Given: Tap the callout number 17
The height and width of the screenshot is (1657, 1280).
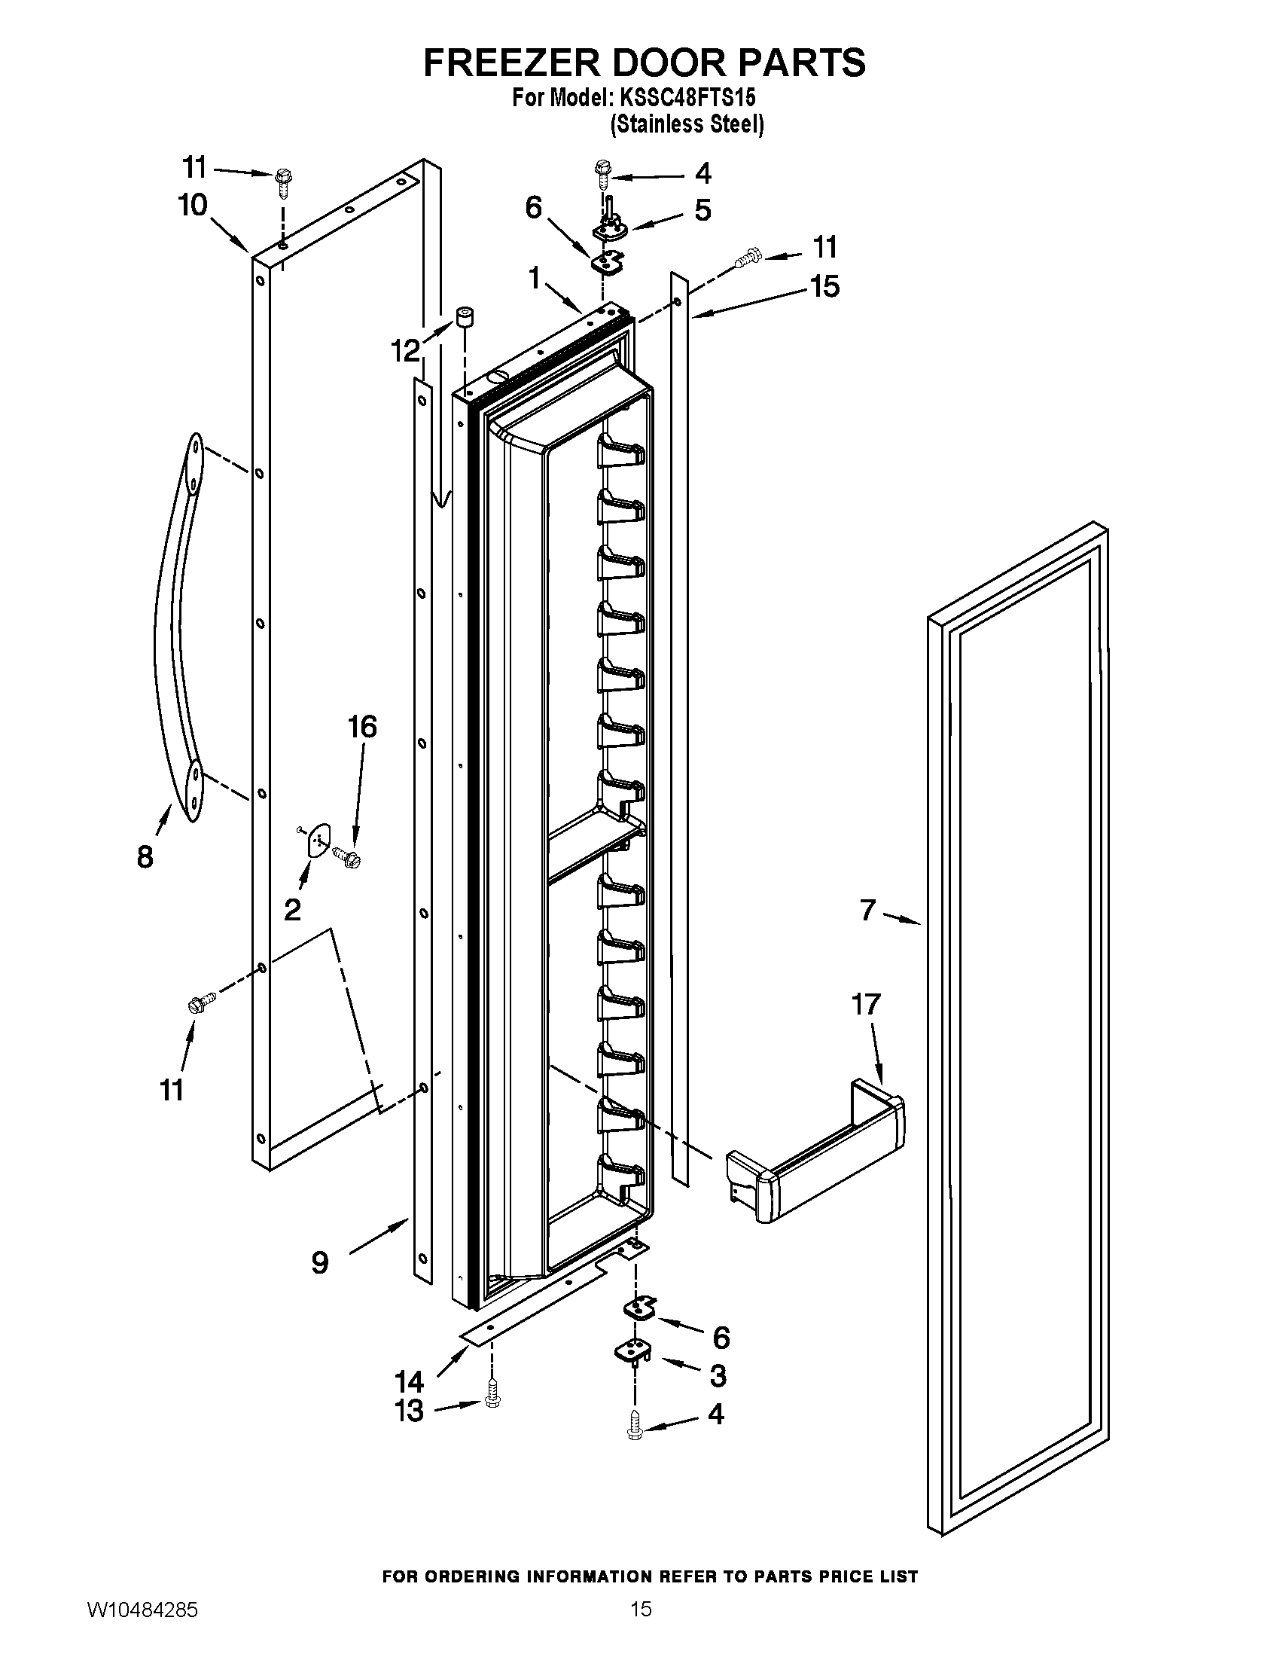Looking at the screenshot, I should (x=865, y=1004).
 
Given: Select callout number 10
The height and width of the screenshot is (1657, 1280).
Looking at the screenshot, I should (x=193, y=205).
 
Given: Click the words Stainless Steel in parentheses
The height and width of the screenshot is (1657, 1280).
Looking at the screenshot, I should (x=687, y=124).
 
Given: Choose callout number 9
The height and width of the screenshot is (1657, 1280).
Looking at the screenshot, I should (x=320, y=1263).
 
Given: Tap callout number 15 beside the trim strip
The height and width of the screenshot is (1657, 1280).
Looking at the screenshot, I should (x=824, y=286).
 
